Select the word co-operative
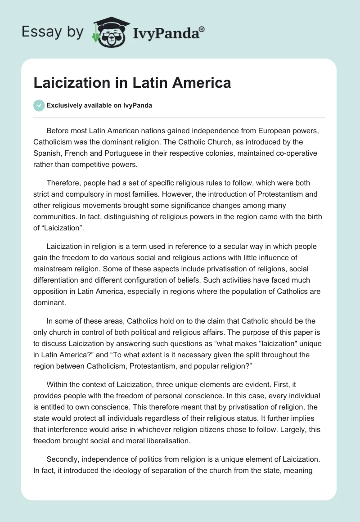[x=292, y=153]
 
